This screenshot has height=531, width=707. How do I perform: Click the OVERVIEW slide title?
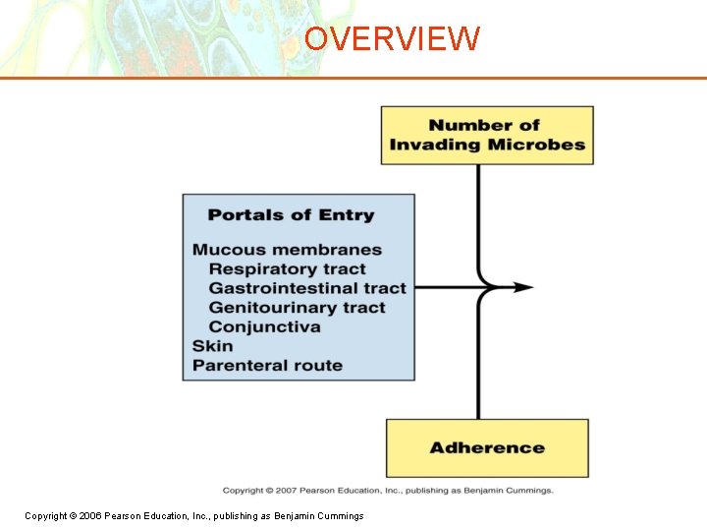tap(392, 38)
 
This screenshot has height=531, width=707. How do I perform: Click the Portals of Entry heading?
tap(291, 215)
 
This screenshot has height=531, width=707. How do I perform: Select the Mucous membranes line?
tap(287, 250)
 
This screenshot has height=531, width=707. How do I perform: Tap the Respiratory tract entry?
tap(287, 269)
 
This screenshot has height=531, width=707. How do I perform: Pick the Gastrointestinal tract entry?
tap(306, 288)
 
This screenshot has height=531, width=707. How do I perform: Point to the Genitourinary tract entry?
tap(297, 308)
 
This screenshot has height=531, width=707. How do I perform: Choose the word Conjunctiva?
tap(264, 327)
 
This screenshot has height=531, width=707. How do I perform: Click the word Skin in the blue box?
tap(212, 346)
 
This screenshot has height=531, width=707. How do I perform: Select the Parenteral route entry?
tap(267, 366)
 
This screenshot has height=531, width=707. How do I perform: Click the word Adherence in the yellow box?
tap(486, 447)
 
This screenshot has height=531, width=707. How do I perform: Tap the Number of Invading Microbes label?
tap(486, 135)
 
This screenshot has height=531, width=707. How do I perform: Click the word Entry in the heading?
tap(346, 215)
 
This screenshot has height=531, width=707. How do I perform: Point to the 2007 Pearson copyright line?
tap(388, 491)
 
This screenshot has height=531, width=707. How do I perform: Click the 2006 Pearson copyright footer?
tap(193, 516)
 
